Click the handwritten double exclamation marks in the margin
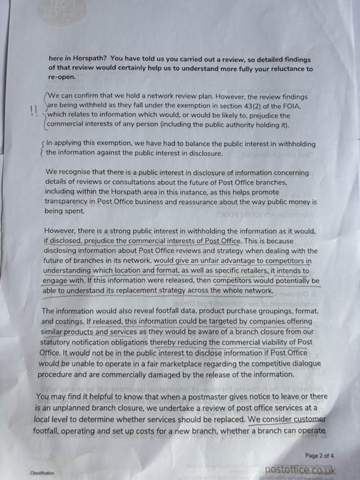(33, 111)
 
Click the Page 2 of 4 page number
(320, 455)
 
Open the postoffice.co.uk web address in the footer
(300, 469)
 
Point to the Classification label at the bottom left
(41, 473)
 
